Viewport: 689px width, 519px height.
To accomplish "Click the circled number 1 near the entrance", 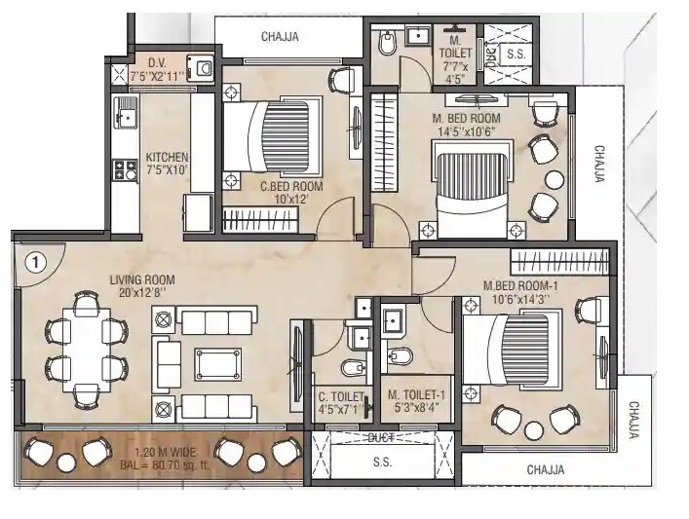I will pos(34,262).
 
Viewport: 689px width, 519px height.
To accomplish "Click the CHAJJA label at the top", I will pos(280,38).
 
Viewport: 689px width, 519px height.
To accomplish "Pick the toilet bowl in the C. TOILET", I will pos(352,368).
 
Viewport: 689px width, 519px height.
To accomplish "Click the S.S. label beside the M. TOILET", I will pos(516,55).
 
